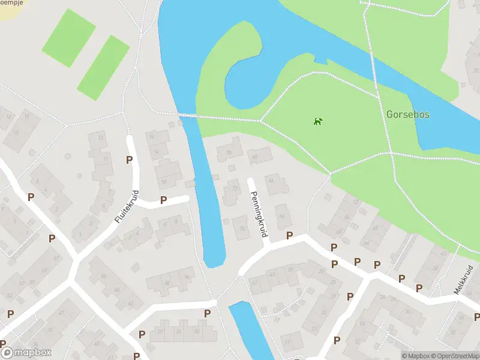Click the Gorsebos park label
click(x=407, y=114)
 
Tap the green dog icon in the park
click(x=317, y=122)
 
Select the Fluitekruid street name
click(x=127, y=207)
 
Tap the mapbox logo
click(x=26, y=353)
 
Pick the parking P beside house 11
click(x=129, y=160)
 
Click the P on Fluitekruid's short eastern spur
click(x=163, y=200)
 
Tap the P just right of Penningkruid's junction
click(x=290, y=236)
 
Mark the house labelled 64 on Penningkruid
click(x=282, y=215)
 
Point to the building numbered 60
click(x=103, y=277)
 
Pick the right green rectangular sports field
click(x=104, y=67)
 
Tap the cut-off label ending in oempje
click(x=8, y=2)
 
